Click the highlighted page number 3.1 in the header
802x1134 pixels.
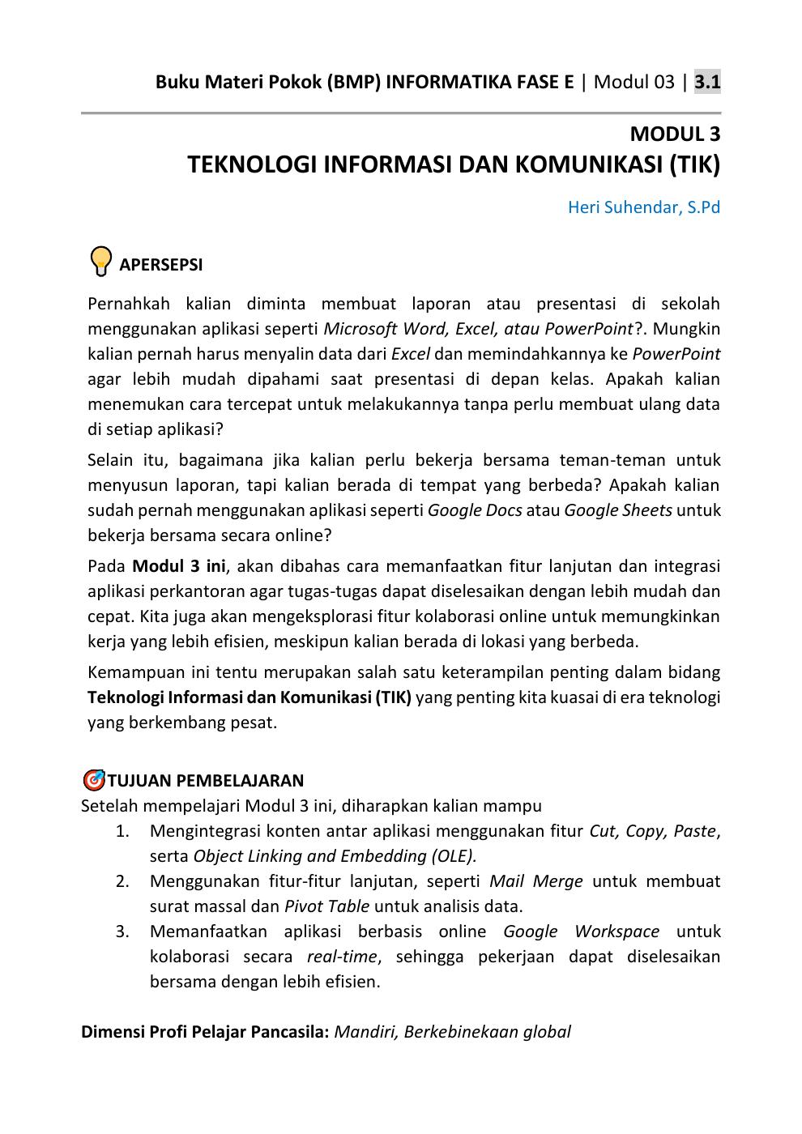pyautogui.click(x=707, y=82)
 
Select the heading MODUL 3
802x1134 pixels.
pyautogui.click(x=675, y=134)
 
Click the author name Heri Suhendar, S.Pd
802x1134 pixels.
pyautogui.click(x=643, y=207)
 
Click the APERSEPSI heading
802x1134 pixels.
pyautogui.click(x=160, y=265)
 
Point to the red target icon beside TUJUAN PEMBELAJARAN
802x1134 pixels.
pyautogui.click(x=93, y=781)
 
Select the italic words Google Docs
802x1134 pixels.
pyautogui.click(x=474, y=510)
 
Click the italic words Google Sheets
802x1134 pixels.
pyautogui.click(x=617, y=510)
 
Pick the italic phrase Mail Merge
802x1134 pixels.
pyautogui.click(x=535, y=881)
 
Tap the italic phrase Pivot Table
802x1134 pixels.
pyautogui.click(x=326, y=906)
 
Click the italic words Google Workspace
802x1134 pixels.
pyautogui.click(x=581, y=932)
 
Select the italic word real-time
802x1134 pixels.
pyautogui.click(x=342, y=957)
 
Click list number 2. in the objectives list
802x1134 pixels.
pyautogui.click(x=122, y=881)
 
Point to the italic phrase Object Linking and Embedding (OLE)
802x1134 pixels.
pyautogui.click(x=335, y=856)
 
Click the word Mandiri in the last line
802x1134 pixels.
pyautogui.click(x=364, y=1032)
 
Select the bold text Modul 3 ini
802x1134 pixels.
pyautogui.click(x=178, y=566)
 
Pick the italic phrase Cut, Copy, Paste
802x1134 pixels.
pyautogui.click(x=652, y=831)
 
